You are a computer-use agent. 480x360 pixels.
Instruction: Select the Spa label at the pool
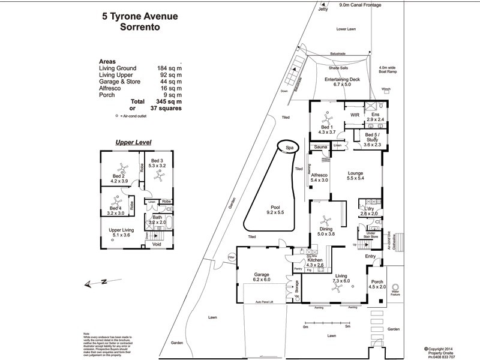coord(289,147)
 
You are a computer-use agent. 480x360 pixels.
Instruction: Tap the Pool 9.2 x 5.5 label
coord(271,211)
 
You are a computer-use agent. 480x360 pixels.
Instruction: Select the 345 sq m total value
coord(169,101)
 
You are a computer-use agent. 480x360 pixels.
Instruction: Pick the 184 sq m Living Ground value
coord(169,68)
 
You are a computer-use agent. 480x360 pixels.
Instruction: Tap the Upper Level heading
coord(133,143)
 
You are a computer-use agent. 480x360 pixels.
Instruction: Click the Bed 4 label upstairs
coord(115,208)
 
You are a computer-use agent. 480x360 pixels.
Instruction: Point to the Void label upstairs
coord(157,245)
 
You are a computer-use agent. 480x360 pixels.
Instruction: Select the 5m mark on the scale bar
coord(347,327)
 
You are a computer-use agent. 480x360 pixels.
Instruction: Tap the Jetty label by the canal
coord(325,10)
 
